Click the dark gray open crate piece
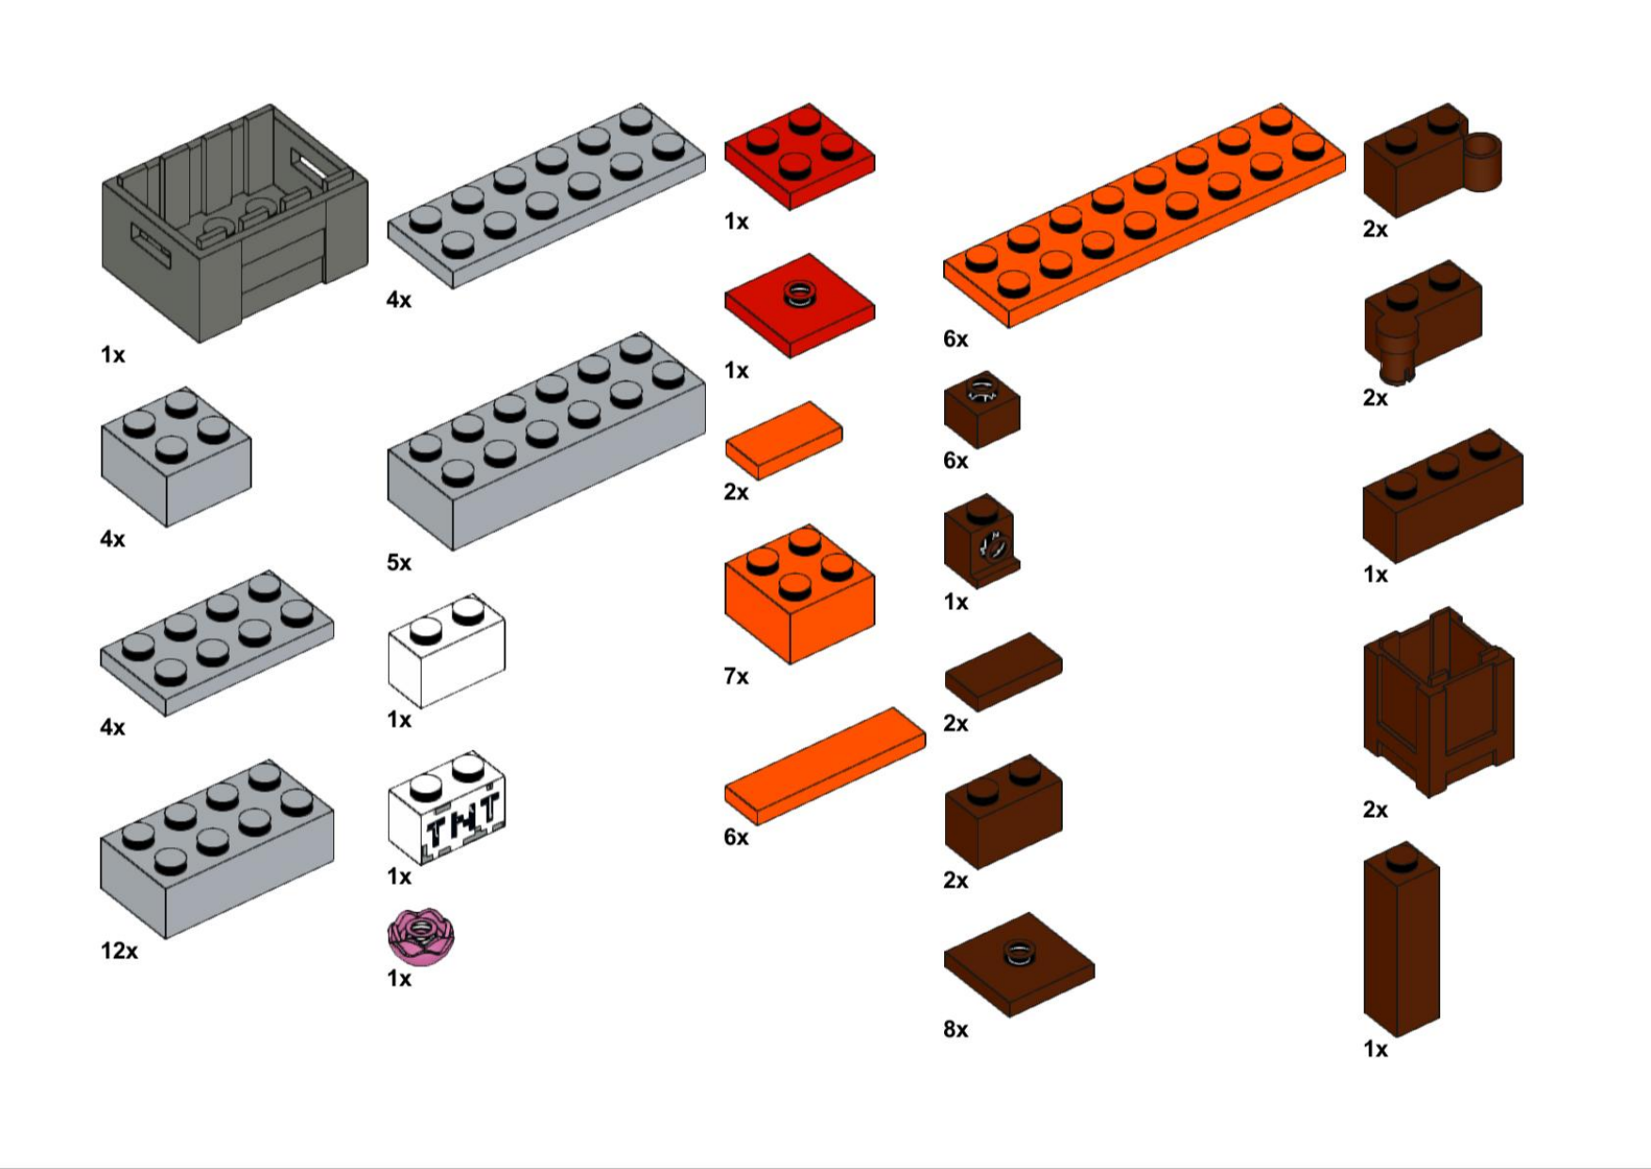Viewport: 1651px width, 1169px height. (x=234, y=223)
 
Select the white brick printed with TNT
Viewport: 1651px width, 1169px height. (x=447, y=808)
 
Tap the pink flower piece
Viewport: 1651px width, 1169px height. (x=421, y=937)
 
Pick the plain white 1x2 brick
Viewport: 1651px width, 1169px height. (x=447, y=650)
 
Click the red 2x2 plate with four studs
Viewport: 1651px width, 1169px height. (x=800, y=155)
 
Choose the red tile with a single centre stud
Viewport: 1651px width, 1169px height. (x=800, y=305)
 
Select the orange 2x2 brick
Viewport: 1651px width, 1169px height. (x=800, y=594)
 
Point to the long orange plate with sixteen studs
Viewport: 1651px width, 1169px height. (x=1145, y=216)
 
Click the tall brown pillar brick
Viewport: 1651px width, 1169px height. (x=1402, y=939)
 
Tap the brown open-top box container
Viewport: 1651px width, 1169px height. (x=1438, y=702)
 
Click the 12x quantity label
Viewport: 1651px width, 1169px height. (x=120, y=951)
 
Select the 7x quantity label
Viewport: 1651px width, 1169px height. (x=736, y=676)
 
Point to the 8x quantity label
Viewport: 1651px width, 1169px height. (x=955, y=1029)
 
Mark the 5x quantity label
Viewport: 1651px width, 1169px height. (x=399, y=562)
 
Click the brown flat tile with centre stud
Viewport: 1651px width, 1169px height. (x=1019, y=965)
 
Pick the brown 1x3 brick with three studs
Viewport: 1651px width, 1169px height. (x=1443, y=496)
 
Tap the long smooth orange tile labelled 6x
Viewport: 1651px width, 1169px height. (x=825, y=766)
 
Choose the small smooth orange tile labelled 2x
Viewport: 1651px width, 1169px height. (x=783, y=440)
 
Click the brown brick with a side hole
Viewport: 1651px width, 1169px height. (x=982, y=541)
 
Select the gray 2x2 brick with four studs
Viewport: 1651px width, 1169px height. (x=176, y=456)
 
